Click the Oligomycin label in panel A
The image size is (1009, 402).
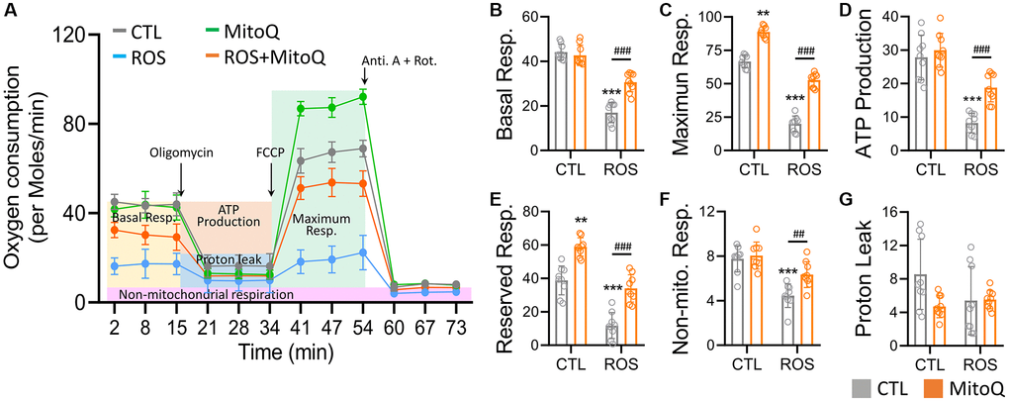pos(181,153)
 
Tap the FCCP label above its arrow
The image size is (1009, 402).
pos(270,154)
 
